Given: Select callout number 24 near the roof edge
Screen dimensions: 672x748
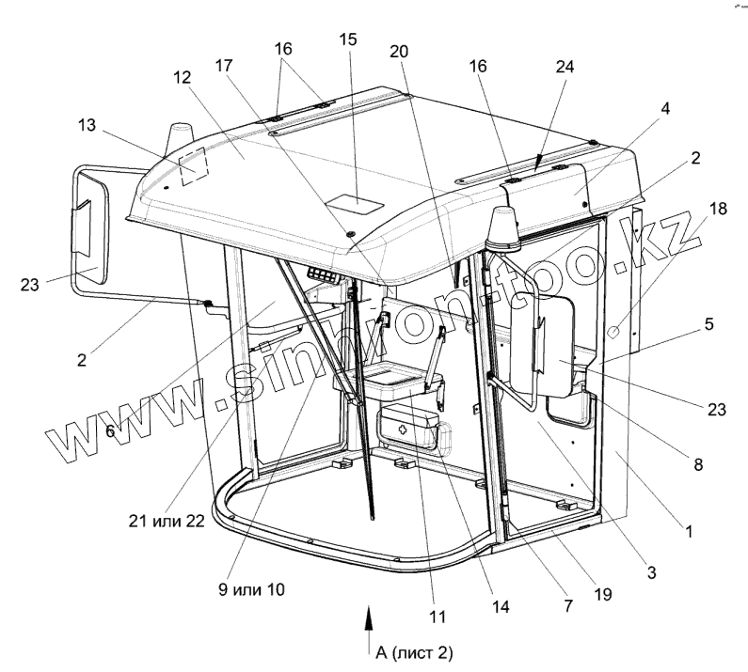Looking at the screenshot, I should point(565,68).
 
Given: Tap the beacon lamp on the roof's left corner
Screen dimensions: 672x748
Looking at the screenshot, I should point(179,139).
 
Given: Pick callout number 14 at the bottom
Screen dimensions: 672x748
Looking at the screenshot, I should point(500,605).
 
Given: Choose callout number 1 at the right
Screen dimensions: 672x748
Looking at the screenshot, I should point(690,531).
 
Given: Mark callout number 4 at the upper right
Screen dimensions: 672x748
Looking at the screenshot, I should point(664,108).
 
